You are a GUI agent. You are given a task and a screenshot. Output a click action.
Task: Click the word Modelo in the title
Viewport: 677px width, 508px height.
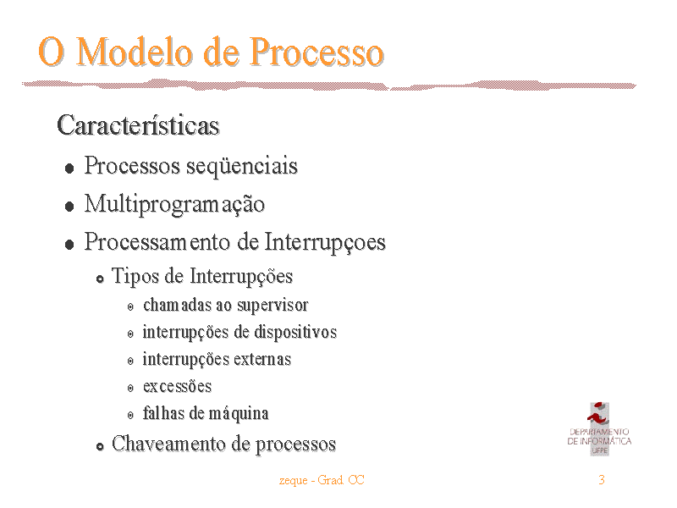click(x=135, y=52)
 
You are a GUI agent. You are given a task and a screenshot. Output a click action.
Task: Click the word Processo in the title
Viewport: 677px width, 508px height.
click(x=316, y=52)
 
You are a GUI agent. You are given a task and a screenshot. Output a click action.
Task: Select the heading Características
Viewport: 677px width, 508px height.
click(x=138, y=125)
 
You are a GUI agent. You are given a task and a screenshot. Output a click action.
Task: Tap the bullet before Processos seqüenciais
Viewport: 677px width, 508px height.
click(x=69, y=168)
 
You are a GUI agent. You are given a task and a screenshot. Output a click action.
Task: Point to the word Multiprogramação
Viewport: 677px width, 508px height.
click(x=174, y=204)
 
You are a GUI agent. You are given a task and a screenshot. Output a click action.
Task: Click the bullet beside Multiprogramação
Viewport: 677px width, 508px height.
click(x=69, y=206)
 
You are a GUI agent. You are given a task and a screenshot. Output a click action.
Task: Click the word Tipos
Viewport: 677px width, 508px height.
click(x=135, y=277)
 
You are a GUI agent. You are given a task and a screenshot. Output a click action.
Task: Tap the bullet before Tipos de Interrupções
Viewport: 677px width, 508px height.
click(x=100, y=279)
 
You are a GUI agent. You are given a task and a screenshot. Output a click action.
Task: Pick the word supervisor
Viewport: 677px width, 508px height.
click(x=272, y=306)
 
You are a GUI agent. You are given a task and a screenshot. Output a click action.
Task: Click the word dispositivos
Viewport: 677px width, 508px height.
click(x=295, y=332)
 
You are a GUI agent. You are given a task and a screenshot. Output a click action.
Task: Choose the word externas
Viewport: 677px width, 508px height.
click(x=263, y=359)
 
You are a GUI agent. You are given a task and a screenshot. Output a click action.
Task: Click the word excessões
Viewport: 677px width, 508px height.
click(x=178, y=387)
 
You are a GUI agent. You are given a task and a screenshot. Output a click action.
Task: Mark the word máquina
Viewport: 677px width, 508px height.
click(x=239, y=414)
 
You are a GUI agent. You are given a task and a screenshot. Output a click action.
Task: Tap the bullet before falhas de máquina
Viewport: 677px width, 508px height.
click(x=130, y=416)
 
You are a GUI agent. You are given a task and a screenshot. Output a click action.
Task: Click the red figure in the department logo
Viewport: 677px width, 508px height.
click(x=597, y=413)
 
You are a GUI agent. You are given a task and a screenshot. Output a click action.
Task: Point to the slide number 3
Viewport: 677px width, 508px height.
click(x=602, y=480)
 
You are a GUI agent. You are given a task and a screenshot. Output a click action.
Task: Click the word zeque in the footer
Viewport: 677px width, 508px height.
click(x=293, y=481)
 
